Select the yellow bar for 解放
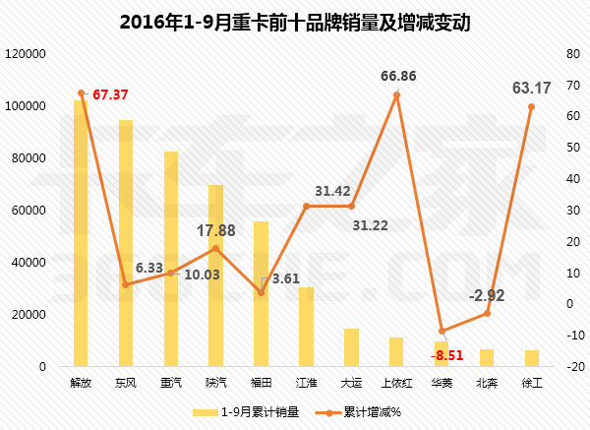[81, 236]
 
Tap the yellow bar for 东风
[126, 246]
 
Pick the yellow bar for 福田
[261, 295]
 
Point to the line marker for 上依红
[396, 95]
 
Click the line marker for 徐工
[531, 106]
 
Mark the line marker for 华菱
[442, 331]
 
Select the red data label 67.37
[110, 94]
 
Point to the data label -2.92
[488, 295]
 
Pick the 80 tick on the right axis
[556, 53]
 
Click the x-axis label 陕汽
[215, 382]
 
